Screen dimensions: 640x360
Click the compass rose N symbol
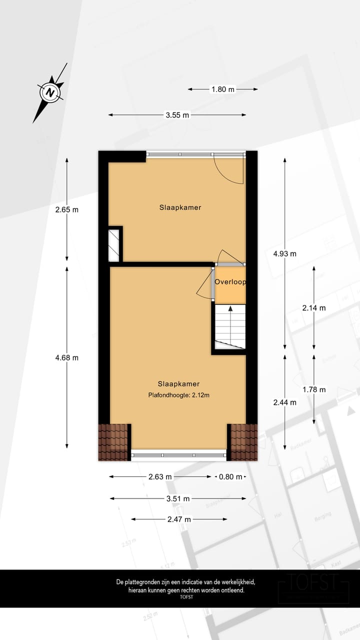tap(50, 92)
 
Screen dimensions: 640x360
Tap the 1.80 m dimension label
tap(223, 89)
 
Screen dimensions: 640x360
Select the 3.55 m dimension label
tap(177, 115)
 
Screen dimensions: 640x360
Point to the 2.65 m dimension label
tap(67, 209)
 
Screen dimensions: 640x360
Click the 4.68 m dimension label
tap(67, 357)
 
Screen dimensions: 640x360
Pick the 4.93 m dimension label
tap(285, 253)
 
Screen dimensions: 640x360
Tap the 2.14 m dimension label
tap(314, 308)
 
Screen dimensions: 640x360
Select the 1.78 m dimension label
tap(314, 389)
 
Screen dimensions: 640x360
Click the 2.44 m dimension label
tap(285, 402)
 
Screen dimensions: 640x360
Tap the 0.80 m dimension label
tap(230, 476)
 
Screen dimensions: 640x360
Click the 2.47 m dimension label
tap(179, 519)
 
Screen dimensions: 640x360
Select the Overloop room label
tap(230, 282)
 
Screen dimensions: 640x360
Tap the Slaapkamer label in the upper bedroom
tap(180, 207)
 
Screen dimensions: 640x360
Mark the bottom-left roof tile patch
tap(113, 441)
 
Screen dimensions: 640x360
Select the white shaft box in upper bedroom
tap(114, 245)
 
